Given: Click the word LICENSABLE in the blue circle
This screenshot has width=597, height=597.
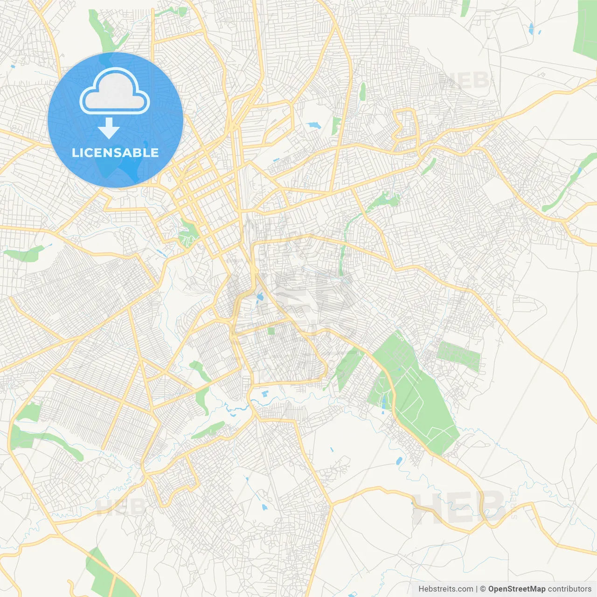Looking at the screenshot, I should tap(115, 153).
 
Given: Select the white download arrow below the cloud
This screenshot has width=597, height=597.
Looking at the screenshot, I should tap(109, 128).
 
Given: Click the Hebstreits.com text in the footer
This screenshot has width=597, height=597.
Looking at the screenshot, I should tap(445, 589).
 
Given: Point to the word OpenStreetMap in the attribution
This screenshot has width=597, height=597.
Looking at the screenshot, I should tap(516, 589).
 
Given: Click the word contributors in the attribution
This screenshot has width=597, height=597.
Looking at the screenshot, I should tap(569, 589).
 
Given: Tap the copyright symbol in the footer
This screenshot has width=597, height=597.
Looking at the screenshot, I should tap(483, 589).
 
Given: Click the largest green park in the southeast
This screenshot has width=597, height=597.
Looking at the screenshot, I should tap(415, 396).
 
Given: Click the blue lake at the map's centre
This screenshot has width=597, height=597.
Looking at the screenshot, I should tap(259, 297).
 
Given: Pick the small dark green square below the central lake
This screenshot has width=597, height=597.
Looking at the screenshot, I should tap(271, 331).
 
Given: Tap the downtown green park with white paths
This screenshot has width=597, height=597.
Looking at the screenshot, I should tap(188, 233).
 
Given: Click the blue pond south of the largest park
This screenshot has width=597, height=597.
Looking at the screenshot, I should tap(399, 461).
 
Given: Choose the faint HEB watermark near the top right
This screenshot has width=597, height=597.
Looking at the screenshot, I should tap(464, 80).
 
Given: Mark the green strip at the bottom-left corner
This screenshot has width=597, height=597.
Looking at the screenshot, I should tap(100, 571).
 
